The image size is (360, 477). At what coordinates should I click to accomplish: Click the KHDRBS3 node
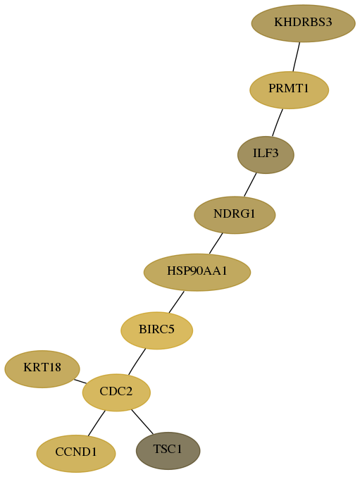(x=303, y=23)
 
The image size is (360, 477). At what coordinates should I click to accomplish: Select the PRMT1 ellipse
(x=289, y=89)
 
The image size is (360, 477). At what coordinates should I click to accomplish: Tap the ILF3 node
(x=266, y=155)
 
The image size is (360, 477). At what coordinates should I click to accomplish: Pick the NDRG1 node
(x=235, y=215)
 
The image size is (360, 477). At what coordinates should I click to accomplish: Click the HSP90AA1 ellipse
(x=197, y=272)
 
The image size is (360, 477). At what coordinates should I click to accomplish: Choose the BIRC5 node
(x=157, y=330)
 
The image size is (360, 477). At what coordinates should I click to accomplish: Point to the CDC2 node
(x=116, y=392)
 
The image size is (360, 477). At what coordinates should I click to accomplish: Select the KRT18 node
(x=42, y=368)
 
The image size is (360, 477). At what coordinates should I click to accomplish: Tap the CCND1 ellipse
(x=76, y=453)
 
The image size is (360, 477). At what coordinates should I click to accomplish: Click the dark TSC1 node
(x=168, y=450)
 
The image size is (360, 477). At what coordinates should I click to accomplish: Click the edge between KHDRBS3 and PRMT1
(x=297, y=57)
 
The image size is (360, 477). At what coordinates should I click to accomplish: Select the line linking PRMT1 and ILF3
(x=278, y=123)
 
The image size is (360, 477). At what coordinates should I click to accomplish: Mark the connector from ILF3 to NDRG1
(x=250, y=185)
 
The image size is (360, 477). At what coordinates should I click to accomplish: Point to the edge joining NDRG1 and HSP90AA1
(x=216, y=243)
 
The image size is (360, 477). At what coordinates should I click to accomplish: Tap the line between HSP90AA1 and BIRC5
(x=176, y=302)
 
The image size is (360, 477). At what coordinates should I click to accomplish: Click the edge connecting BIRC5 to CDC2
(x=137, y=361)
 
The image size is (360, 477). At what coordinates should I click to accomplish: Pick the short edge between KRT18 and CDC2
(x=80, y=381)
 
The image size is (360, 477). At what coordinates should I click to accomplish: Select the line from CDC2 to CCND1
(x=97, y=423)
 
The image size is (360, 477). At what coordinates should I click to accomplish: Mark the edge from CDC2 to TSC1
(x=142, y=422)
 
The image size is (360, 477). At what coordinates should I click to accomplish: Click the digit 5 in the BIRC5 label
(x=171, y=329)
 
